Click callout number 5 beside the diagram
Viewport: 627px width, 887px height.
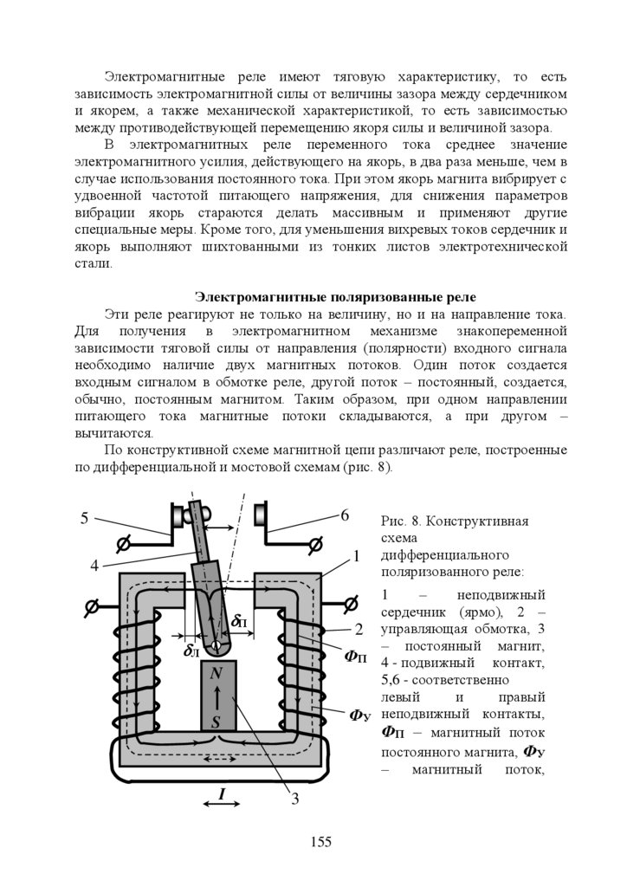(x=85, y=519)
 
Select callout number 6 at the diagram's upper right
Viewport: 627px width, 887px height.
(x=344, y=515)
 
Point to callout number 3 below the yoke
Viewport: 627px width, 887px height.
(x=294, y=799)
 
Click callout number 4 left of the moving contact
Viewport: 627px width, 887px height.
(x=94, y=567)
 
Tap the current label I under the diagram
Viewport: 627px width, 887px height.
(x=222, y=793)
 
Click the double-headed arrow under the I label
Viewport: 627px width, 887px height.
(x=222, y=805)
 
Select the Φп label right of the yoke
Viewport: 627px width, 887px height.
(x=356, y=656)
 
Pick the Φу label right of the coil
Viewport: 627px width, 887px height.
(x=360, y=715)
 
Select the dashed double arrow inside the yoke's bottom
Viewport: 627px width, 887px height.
(x=217, y=760)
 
